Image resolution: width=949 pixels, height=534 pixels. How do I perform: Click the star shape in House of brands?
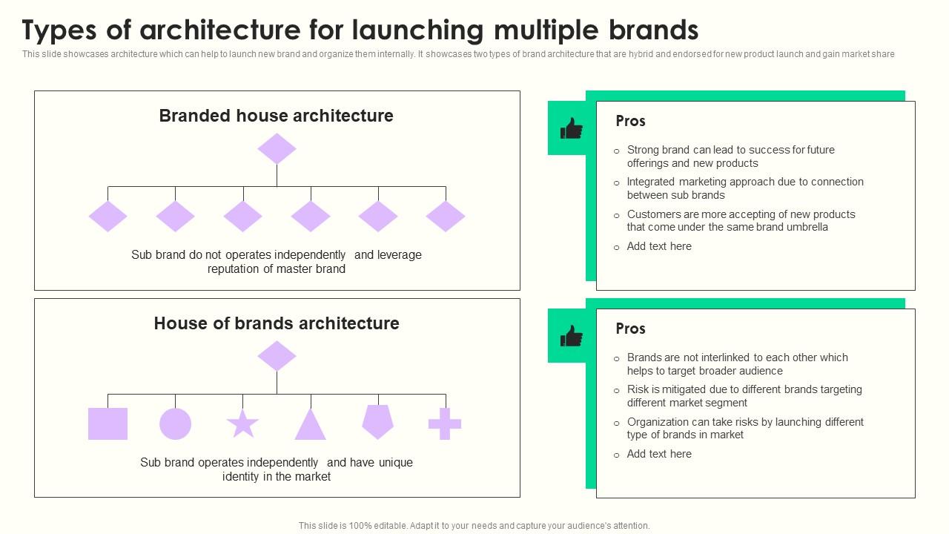pyautogui.click(x=242, y=424)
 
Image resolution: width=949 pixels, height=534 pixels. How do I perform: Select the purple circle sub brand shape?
pyautogui.click(x=176, y=423)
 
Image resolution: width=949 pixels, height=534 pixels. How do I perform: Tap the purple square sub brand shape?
pyautogui.click(x=108, y=423)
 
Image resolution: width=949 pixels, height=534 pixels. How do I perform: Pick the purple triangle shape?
pyautogui.click(x=311, y=425)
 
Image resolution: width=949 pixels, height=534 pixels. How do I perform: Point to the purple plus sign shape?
pyautogui.click(x=445, y=423)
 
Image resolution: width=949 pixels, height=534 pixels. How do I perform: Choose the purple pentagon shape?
pyautogui.click(x=378, y=421)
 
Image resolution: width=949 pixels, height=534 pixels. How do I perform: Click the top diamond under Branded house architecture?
pyautogui.click(x=277, y=148)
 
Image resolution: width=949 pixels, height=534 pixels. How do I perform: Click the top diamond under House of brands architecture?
pyautogui.click(x=277, y=356)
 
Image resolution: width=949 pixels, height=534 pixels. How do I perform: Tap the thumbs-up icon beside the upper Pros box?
pyautogui.click(x=572, y=128)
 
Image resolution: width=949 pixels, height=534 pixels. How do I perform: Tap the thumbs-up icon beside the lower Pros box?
pyautogui.click(x=572, y=336)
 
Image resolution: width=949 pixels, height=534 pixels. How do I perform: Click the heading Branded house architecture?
pyautogui.click(x=276, y=116)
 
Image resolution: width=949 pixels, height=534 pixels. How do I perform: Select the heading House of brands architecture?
pyautogui.click(x=277, y=323)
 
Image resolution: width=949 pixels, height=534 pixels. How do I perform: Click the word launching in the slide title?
pyautogui.click(x=418, y=30)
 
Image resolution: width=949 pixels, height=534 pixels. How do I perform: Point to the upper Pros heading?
pyautogui.click(x=630, y=121)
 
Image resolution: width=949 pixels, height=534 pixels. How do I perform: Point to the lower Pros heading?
pyautogui.click(x=630, y=329)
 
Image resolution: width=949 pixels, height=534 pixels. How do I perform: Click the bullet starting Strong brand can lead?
pyautogui.click(x=730, y=156)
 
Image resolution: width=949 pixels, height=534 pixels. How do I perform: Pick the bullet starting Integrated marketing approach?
pyautogui.click(x=745, y=188)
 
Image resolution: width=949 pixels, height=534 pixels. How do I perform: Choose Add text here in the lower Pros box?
pyautogui.click(x=659, y=454)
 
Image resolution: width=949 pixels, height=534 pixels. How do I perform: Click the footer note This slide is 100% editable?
pyautogui.click(x=474, y=526)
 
